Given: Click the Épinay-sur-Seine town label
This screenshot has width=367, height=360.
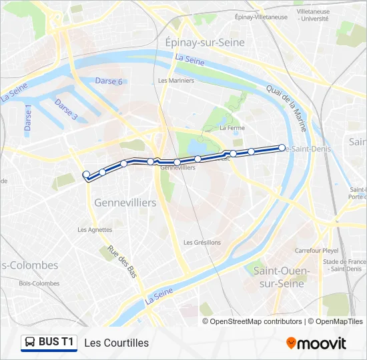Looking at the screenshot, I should coord(205,42).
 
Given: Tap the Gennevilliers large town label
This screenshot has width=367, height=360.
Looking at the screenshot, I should coord(125,202).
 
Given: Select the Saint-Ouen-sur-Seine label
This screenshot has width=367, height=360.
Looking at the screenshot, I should coord(281,277).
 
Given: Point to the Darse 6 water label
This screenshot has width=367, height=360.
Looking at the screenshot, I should coord(109,81).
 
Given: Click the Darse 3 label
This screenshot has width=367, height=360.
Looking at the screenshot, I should coord(66,110).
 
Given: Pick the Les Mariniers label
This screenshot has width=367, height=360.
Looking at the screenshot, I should coord(176,81).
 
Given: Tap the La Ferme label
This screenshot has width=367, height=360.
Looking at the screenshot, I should coord(232,127).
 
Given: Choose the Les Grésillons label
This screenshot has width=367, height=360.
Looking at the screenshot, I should coord(202,242).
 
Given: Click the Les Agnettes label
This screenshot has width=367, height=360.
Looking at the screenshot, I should coord(95,229).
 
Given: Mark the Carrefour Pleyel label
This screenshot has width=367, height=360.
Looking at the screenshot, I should coord(318,251).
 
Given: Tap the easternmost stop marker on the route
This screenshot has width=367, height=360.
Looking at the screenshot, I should coord(282,147).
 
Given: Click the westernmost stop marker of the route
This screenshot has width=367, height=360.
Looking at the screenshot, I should coord(85,175).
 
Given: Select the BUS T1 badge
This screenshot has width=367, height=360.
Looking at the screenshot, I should coord(49,343).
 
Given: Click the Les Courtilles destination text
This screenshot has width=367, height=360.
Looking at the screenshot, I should coord(116,343).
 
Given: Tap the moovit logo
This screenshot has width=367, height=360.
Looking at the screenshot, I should coord(316,343).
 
